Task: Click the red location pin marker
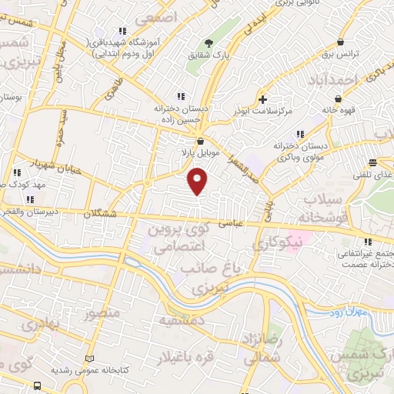click(x=198, y=181)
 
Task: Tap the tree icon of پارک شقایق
click(x=208, y=44)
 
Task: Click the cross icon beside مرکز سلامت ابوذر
click(x=263, y=99)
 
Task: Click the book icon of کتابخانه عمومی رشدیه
click(x=91, y=359)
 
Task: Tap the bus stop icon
click(x=38, y=385)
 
